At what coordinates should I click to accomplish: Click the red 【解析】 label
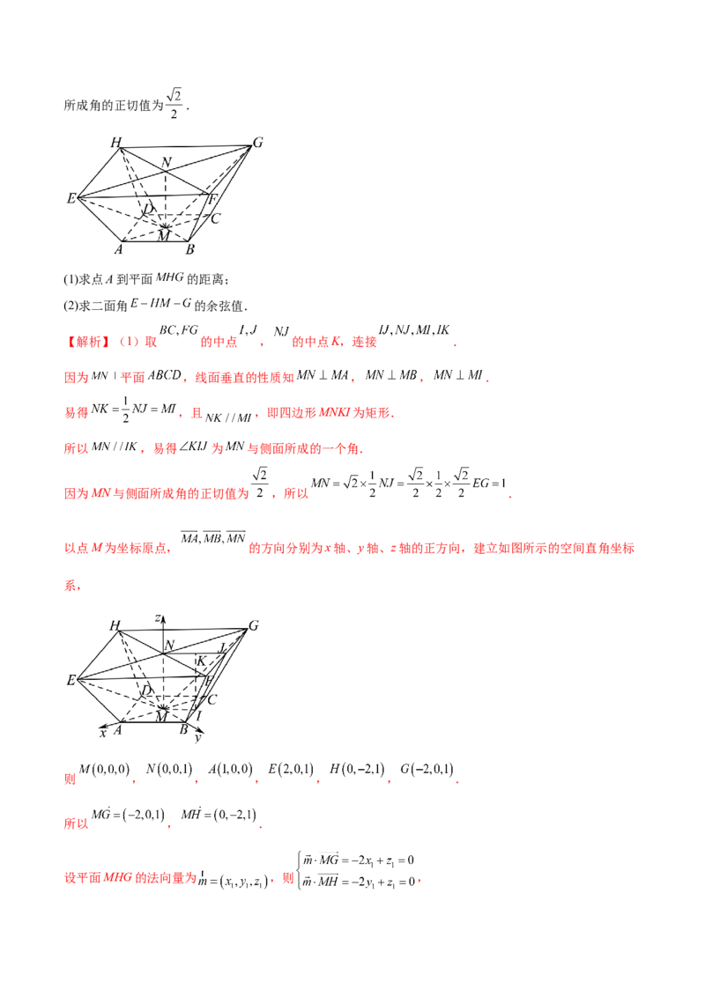tap(87, 341)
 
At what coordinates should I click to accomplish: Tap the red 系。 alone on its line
tap(74, 584)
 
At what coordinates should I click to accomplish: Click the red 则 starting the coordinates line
tap(69, 780)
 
